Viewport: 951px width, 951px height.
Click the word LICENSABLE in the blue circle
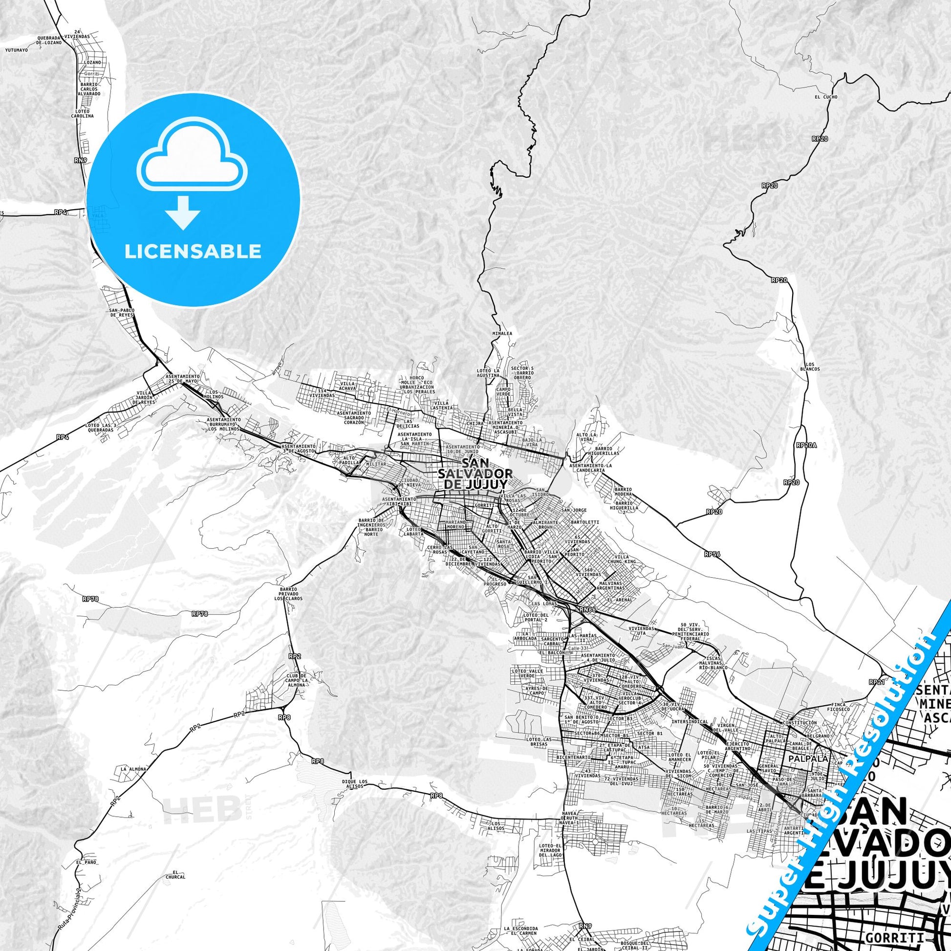tap(193, 251)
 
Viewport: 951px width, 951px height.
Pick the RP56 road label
tap(712, 554)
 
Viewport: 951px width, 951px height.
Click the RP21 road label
tap(875, 682)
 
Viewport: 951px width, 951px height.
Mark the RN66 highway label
tap(587, 610)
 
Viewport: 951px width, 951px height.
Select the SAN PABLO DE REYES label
tap(121, 313)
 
